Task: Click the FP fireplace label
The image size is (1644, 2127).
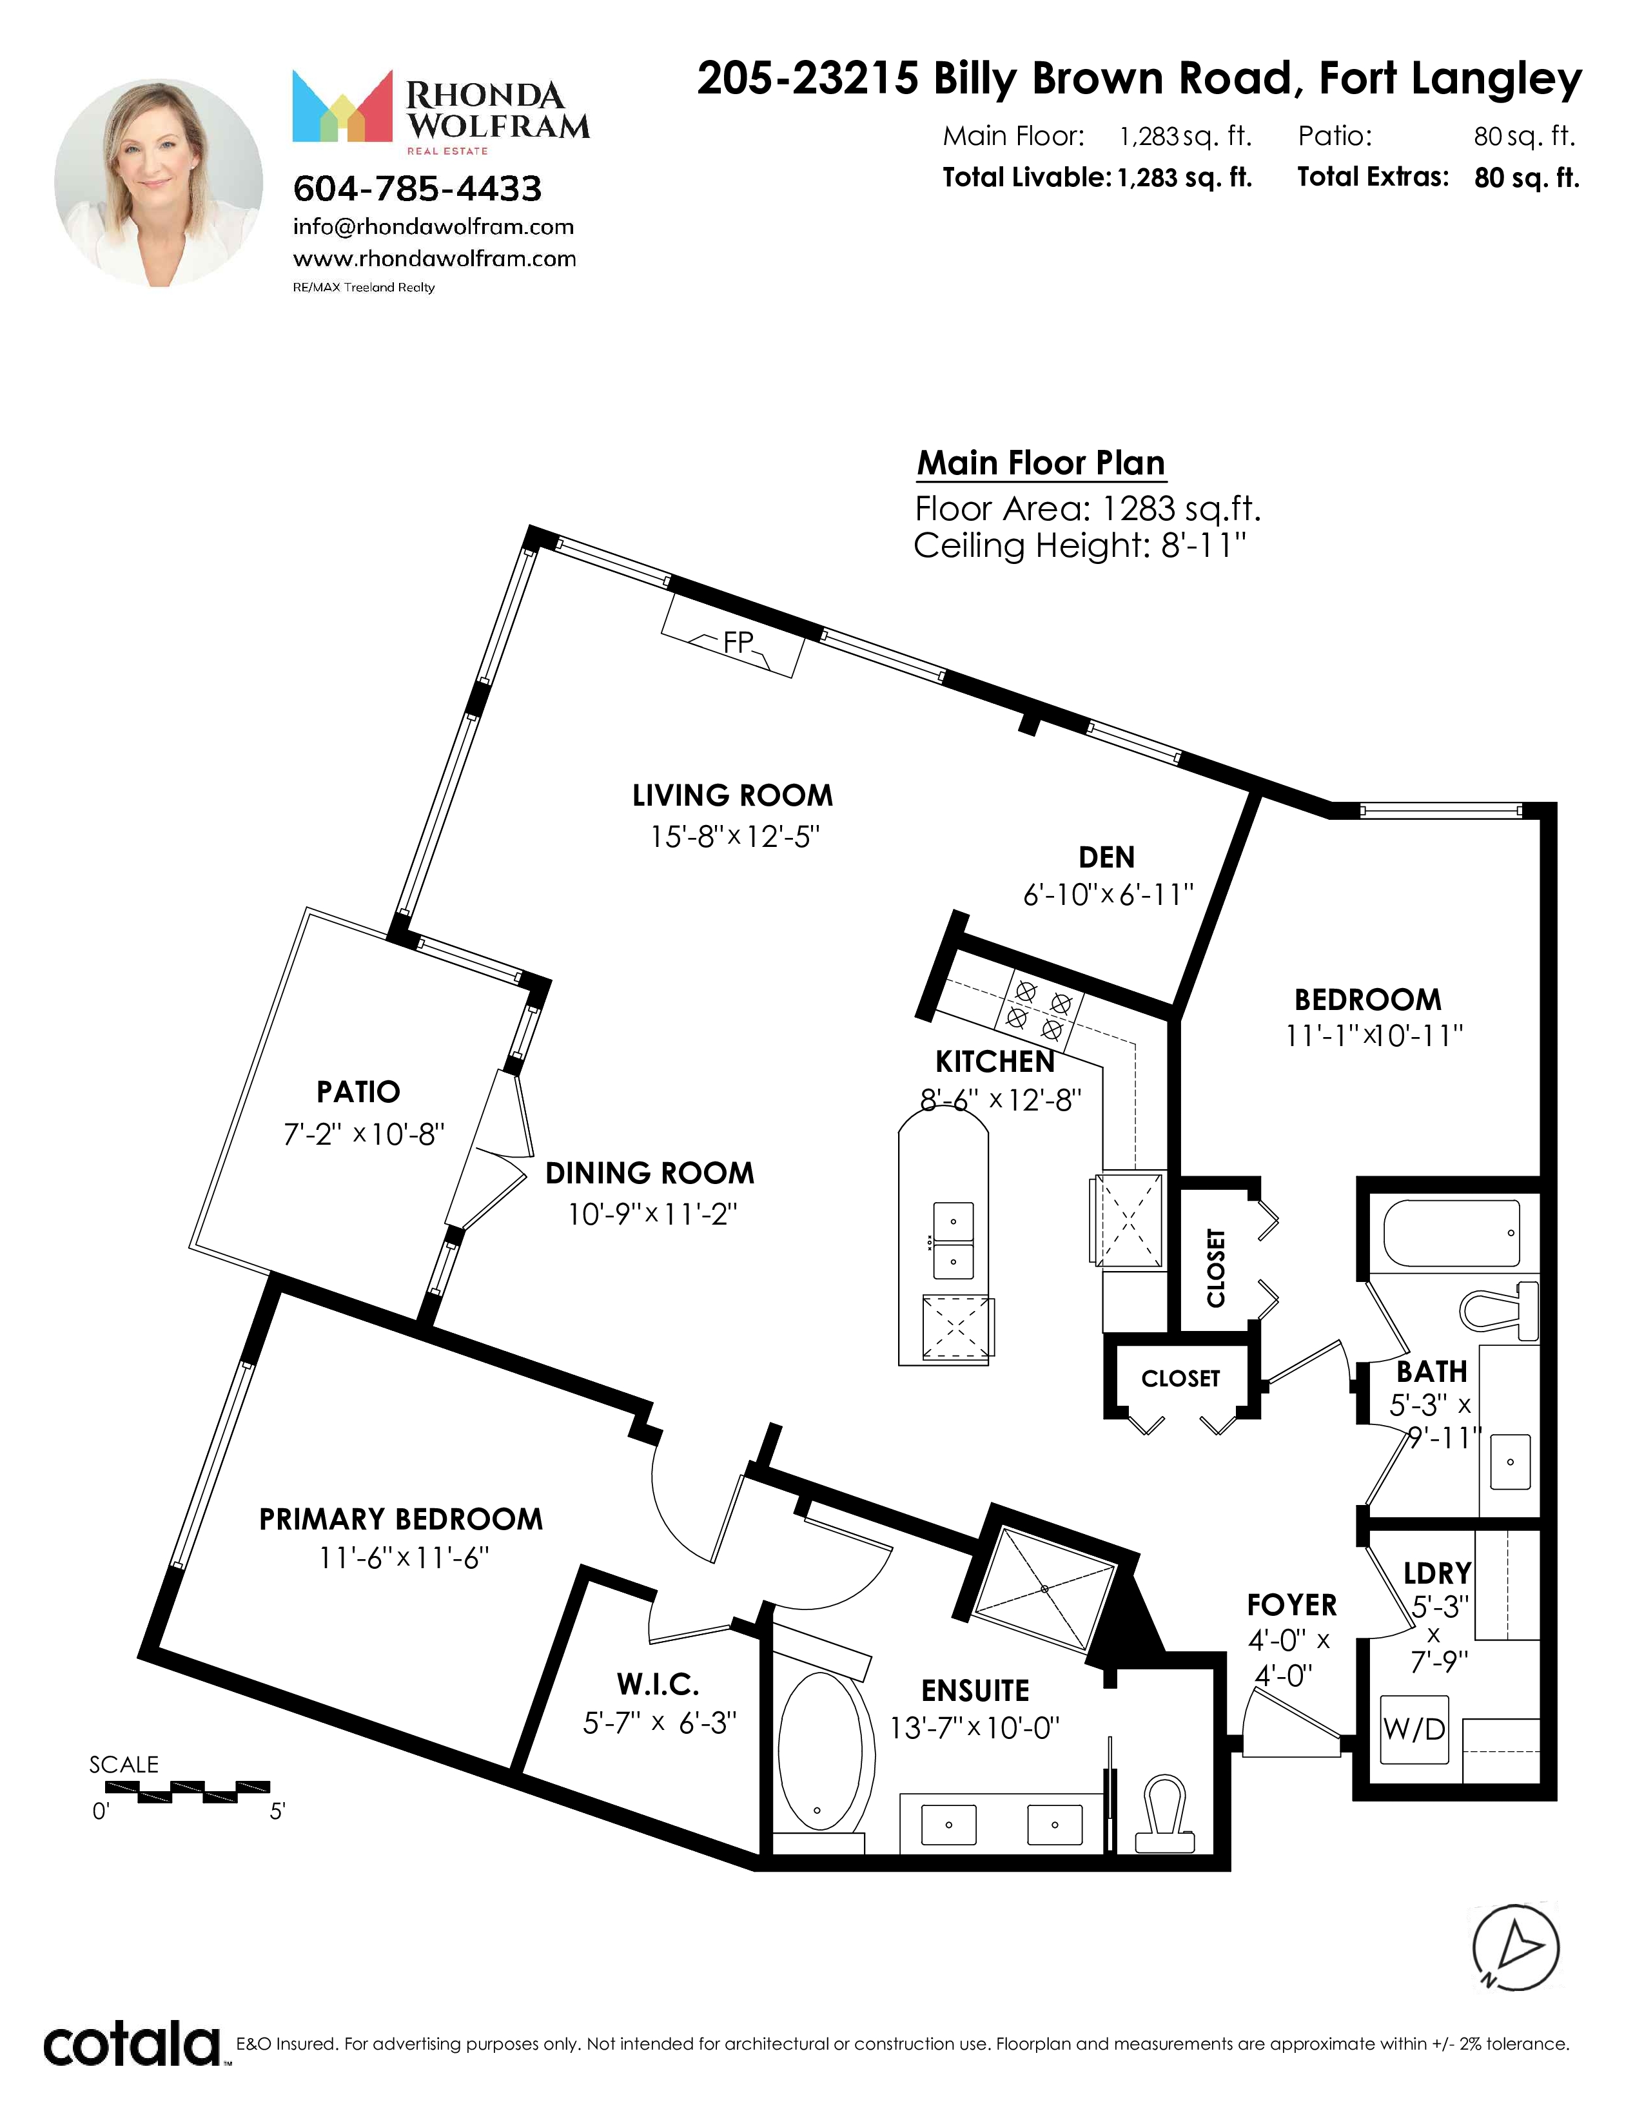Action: click(x=738, y=642)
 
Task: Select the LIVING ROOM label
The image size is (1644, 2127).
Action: click(x=732, y=795)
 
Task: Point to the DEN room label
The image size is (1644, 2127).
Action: click(x=1106, y=857)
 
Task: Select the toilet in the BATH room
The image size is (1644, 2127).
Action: click(x=1499, y=1308)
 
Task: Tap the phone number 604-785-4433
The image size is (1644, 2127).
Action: click(x=418, y=188)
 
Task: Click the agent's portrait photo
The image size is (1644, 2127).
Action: click(x=159, y=183)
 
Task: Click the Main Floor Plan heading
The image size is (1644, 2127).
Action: click(x=1041, y=463)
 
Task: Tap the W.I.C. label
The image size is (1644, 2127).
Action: click(x=658, y=1684)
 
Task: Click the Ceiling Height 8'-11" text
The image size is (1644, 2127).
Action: click(x=1079, y=545)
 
